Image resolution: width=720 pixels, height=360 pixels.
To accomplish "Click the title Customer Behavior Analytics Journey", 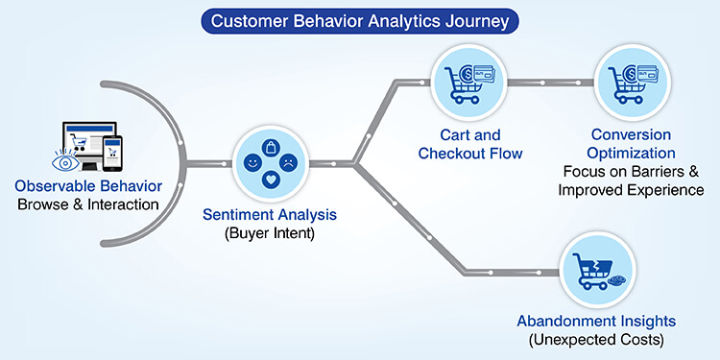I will tap(360, 19).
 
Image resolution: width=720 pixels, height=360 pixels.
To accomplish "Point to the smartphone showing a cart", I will tap(111, 151).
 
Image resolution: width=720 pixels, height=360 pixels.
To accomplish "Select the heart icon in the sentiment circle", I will tap(270, 180).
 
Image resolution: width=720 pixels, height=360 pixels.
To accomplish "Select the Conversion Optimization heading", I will tap(631, 144).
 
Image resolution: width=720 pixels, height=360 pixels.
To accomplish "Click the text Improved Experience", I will tap(634, 190).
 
